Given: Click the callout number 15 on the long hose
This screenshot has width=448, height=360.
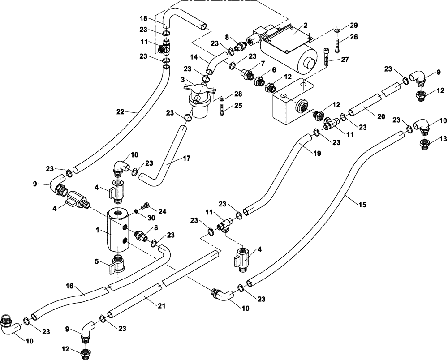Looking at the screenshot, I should (362, 205).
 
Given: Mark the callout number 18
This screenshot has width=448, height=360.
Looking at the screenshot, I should (143, 19).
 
